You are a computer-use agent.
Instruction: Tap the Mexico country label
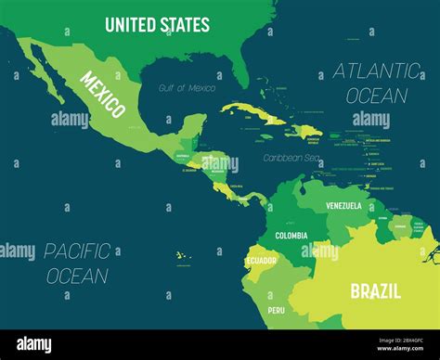pyautogui.click(x=103, y=95)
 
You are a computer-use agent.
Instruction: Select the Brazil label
pyautogui.click(x=375, y=291)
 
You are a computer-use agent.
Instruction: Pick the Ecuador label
pyautogui.click(x=260, y=261)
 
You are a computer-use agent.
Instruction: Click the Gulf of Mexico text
pyautogui.click(x=187, y=88)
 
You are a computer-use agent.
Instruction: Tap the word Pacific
pyautogui.click(x=79, y=251)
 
